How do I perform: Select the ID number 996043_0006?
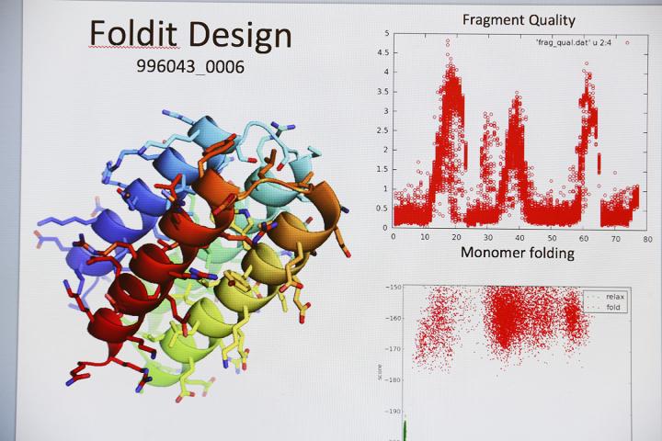click(x=189, y=68)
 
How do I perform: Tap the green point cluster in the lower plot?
click(x=405, y=430)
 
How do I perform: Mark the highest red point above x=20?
click(x=448, y=41)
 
